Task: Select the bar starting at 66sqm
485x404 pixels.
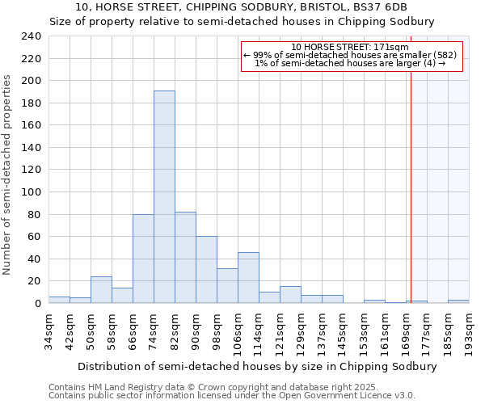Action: point(143,259)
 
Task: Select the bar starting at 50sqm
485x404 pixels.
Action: point(101,289)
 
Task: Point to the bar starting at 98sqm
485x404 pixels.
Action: point(227,285)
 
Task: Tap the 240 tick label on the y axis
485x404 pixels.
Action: point(32,36)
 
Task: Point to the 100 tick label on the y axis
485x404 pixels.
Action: point(32,192)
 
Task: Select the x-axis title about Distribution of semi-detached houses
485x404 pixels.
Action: point(247,366)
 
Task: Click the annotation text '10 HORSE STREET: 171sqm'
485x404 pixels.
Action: point(350,48)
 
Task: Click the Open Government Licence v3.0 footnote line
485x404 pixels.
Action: point(231,396)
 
